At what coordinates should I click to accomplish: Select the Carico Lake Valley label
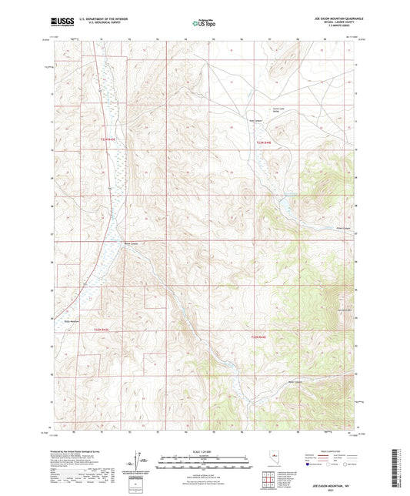tap(278, 112)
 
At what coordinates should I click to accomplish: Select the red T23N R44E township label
tap(264, 142)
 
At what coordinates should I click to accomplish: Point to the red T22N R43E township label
tap(102, 330)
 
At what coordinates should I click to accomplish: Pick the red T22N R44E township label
tap(258, 337)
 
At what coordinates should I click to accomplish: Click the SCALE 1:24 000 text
tap(204, 450)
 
